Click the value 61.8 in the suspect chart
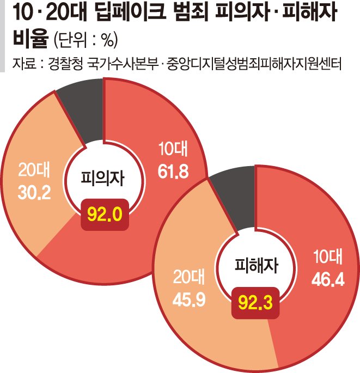[173, 173]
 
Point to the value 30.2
[34, 194]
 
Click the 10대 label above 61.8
[173, 150]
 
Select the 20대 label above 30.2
[34, 171]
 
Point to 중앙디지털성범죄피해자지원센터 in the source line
[255, 64]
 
